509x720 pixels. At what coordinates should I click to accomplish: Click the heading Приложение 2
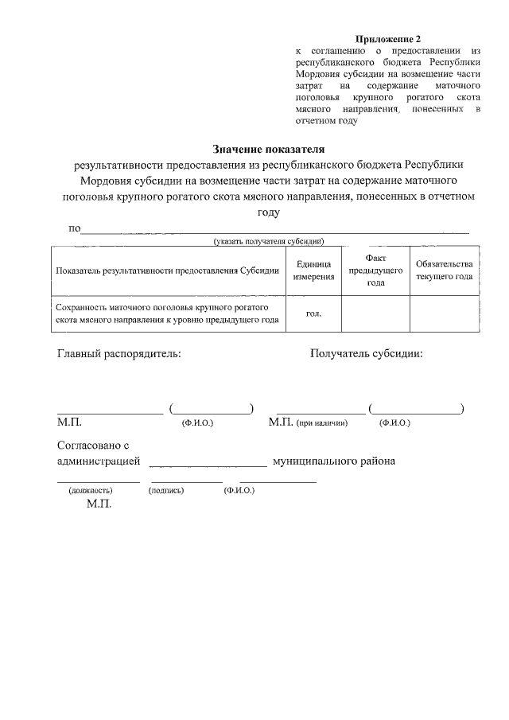point(387,39)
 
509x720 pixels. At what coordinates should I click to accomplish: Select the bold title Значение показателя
point(269,149)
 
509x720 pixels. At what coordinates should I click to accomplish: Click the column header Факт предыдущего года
point(375,270)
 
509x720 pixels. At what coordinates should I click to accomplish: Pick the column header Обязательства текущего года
point(444,270)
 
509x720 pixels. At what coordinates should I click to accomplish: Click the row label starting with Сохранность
point(167,313)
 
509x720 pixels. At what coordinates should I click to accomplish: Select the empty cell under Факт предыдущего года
point(375,313)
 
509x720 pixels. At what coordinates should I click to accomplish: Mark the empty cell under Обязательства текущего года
point(444,313)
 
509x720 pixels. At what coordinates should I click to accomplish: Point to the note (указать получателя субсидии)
point(266,241)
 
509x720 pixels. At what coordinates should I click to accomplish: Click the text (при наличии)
point(321,424)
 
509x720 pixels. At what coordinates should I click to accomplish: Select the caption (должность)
point(91,491)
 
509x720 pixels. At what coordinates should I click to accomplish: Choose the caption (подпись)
point(166,491)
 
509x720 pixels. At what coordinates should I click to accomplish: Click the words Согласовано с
point(92,446)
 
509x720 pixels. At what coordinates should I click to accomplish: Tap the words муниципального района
point(334,461)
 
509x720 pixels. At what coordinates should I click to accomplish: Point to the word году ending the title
point(268,212)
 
